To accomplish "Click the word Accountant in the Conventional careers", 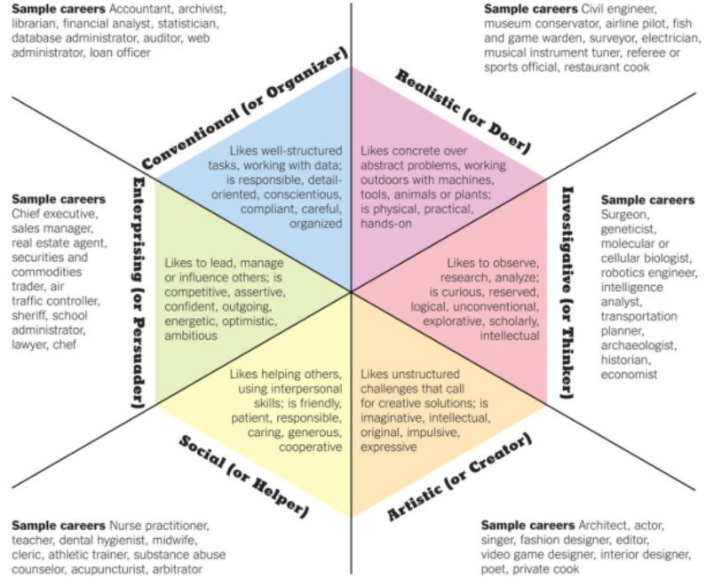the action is click(x=140, y=9).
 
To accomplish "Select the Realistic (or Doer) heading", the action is click(x=462, y=111).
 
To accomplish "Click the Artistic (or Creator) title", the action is click(x=459, y=477).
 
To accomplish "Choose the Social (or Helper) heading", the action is click(x=244, y=476).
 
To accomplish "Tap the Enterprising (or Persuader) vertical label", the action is click(x=138, y=292).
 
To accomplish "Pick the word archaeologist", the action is click(x=639, y=345).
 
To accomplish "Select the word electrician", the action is click(x=671, y=38).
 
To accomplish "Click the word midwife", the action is click(x=174, y=541).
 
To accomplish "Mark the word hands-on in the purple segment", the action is click(x=386, y=224).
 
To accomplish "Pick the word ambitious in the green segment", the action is click(x=191, y=336).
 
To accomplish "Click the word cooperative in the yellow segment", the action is click(x=310, y=447).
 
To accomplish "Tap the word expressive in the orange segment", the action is click(x=388, y=447).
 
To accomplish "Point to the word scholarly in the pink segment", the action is click(x=514, y=321).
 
